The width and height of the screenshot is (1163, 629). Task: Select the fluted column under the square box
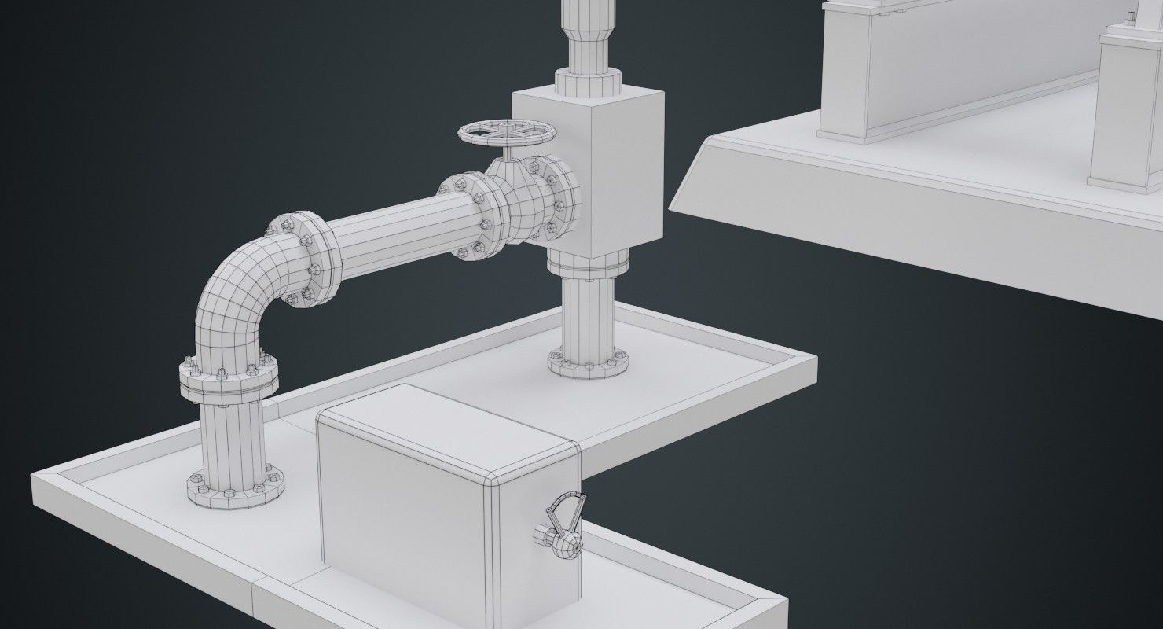click(587, 318)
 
